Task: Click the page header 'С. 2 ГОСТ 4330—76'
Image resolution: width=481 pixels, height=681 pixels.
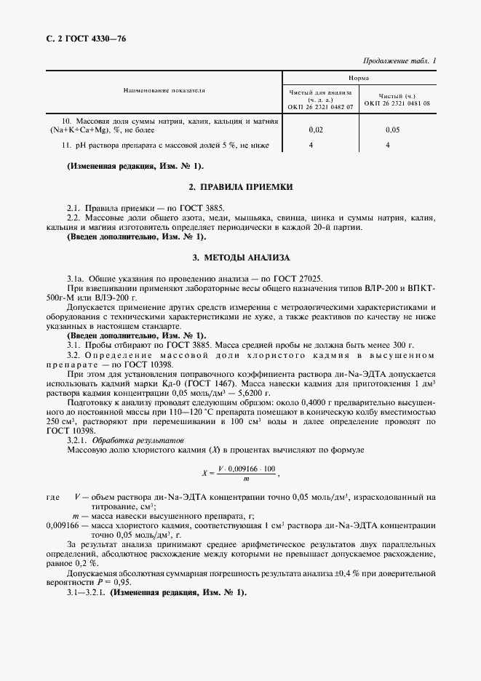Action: pyautogui.click(x=82, y=38)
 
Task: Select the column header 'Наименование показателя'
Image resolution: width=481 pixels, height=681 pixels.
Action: pyautogui.click(x=164, y=91)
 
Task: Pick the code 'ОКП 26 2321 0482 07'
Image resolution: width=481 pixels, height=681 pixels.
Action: pyautogui.click(x=320, y=105)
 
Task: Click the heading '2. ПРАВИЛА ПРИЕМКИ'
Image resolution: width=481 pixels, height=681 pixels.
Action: pyautogui.click(x=240, y=187)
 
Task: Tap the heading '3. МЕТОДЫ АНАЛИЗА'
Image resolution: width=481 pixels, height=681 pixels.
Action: pyautogui.click(x=240, y=258)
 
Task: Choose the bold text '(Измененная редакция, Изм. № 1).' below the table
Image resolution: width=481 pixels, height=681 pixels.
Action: pyautogui.click(x=136, y=166)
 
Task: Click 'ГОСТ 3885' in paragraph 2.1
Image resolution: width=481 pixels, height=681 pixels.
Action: pyautogui.click(x=204, y=208)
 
